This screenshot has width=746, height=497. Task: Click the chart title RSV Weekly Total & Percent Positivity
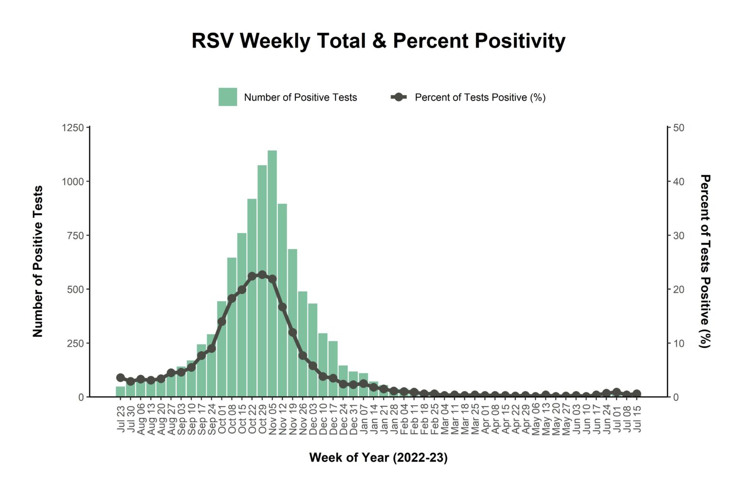click(x=378, y=41)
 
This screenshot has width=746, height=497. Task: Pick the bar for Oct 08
click(x=232, y=349)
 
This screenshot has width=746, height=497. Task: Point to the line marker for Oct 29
click(x=262, y=275)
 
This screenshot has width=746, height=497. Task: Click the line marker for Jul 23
click(x=120, y=378)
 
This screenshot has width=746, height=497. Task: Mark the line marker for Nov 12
click(x=282, y=307)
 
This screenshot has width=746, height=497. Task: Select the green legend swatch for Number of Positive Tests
click(x=228, y=97)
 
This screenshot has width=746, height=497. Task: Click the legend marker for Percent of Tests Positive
click(x=399, y=97)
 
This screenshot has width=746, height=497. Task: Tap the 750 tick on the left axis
click(x=75, y=235)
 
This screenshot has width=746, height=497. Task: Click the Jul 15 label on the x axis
click(x=637, y=420)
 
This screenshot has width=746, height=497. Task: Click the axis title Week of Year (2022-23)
click(x=378, y=458)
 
